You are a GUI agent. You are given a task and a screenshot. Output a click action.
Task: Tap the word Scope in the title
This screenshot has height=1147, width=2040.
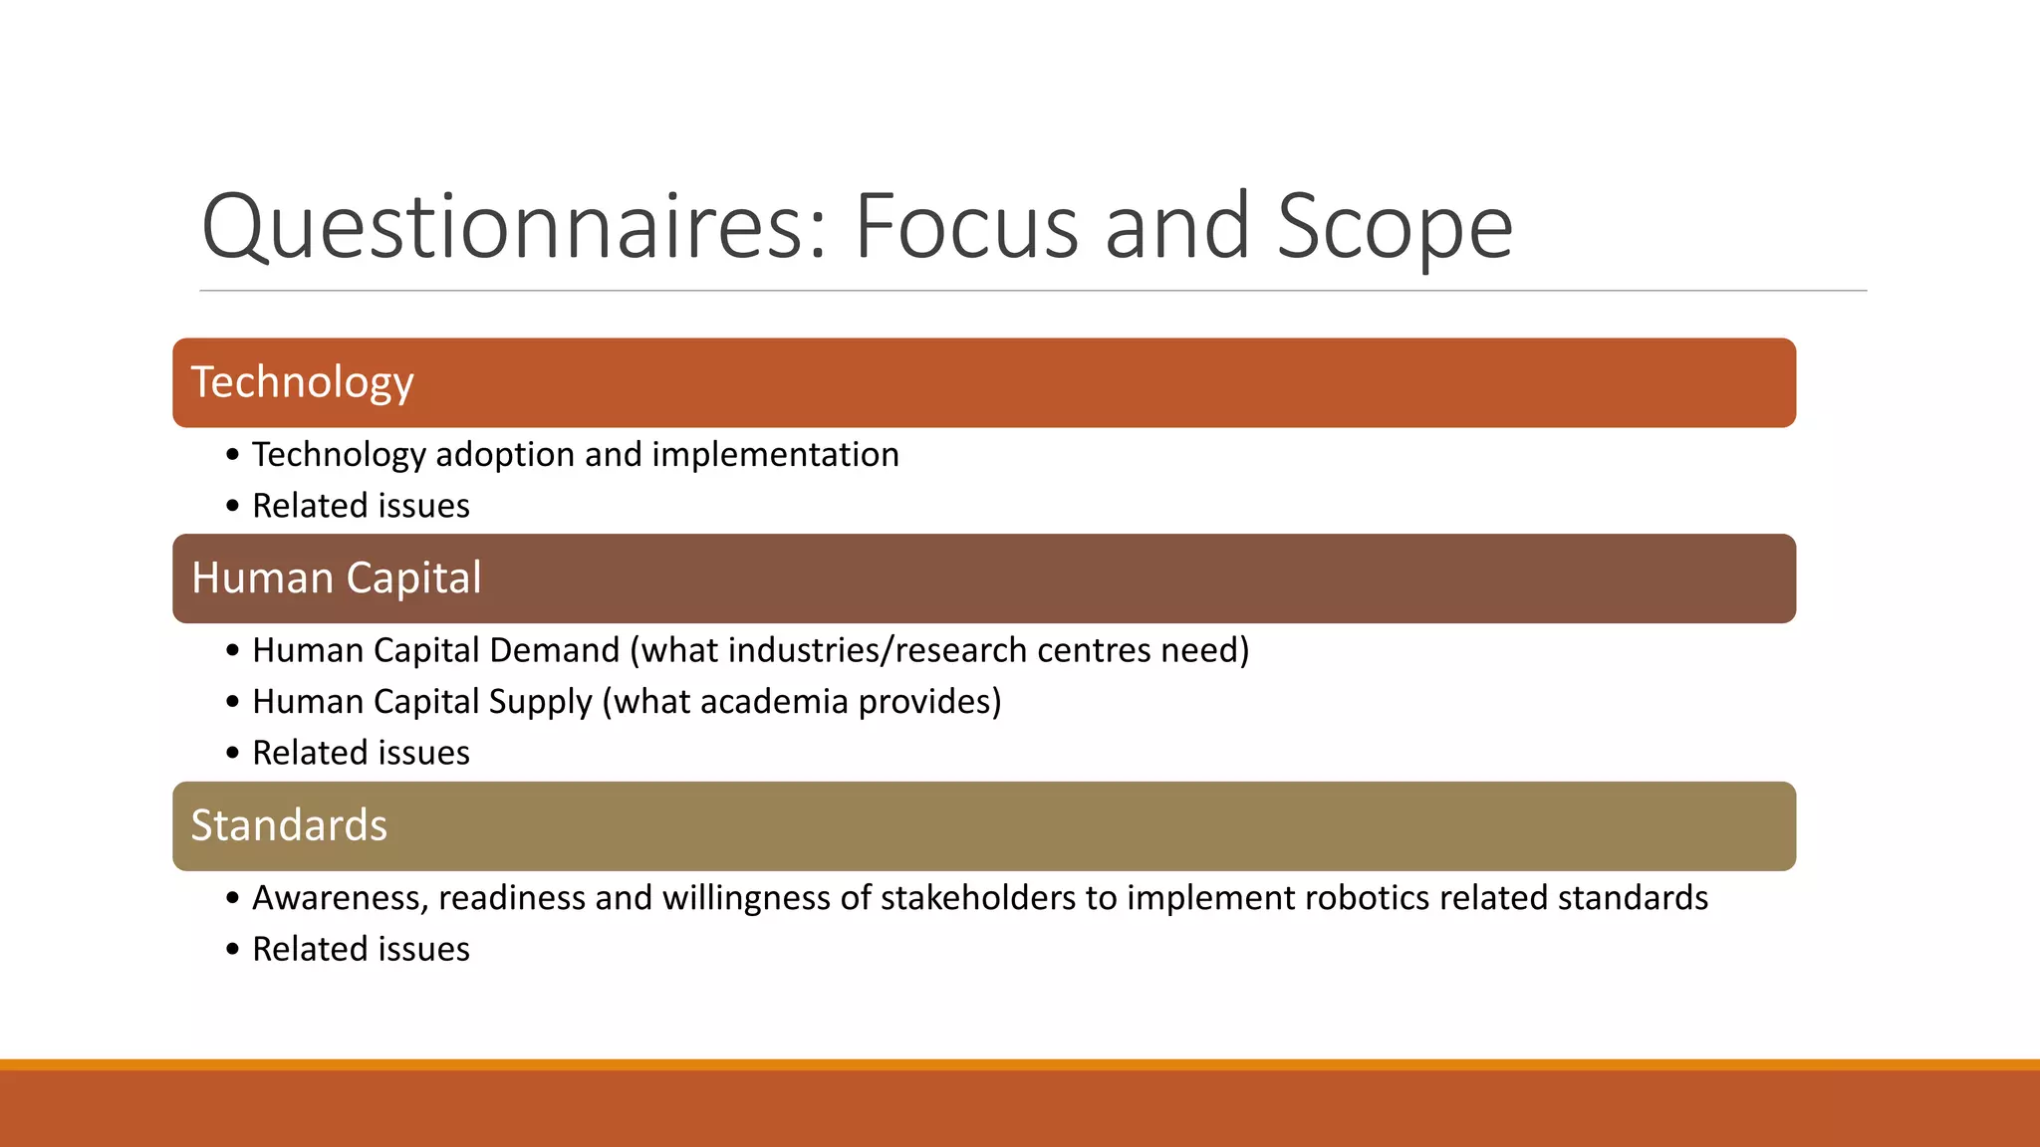click(1395, 227)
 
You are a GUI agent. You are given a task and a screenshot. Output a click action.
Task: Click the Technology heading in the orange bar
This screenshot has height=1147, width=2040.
click(302, 382)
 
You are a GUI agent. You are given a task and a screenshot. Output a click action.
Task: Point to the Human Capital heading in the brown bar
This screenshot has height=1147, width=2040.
click(336, 578)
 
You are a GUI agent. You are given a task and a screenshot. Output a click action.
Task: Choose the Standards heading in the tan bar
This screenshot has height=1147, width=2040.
click(289, 825)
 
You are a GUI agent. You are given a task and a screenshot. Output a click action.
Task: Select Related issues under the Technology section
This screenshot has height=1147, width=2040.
click(361, 506)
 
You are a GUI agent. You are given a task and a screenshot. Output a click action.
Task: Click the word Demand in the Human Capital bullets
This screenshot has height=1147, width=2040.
click(554, 650)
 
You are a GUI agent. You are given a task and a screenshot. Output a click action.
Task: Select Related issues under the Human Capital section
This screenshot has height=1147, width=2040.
click(361, 753)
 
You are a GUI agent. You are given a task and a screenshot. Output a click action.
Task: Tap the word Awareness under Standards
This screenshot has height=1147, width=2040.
click(340, 898)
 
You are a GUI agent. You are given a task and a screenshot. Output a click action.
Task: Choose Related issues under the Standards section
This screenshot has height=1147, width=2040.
click(361, 950)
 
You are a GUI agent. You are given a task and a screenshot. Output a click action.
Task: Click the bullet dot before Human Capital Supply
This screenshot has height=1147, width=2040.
click(233, 702)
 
